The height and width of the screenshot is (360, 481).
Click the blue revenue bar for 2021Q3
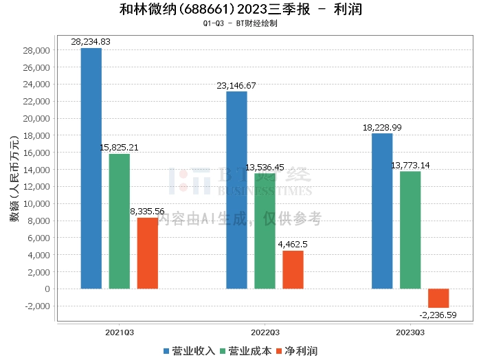(91, 168)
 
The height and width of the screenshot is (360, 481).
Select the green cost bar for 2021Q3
(120, 221)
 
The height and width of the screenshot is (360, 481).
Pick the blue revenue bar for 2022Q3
(236, 190)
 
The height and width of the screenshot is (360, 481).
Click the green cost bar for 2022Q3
(265, 231)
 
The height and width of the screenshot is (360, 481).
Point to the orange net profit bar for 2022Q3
(293, 269)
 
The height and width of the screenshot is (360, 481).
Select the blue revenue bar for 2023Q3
(382, 211)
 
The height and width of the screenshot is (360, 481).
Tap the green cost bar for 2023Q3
(410, 230)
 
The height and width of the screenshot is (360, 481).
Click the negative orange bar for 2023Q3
(438, 298)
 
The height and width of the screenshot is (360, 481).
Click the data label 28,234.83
(91, 42)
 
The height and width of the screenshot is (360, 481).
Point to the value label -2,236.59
(438, 315)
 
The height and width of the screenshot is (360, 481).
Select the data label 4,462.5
(293, 244)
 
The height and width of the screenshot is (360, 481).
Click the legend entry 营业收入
(189, 351)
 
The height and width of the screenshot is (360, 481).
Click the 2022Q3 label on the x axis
(265, 331)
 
